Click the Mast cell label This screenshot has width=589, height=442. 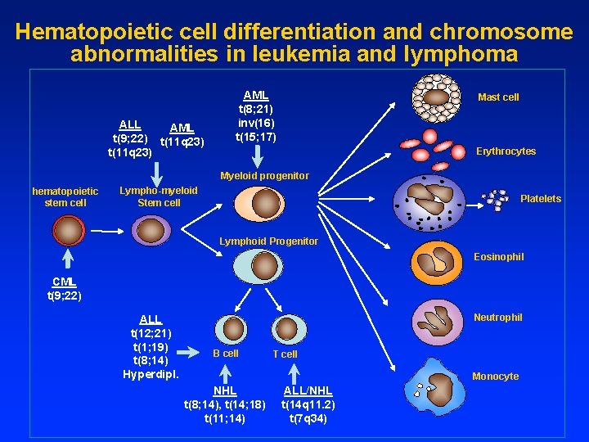[498, 97]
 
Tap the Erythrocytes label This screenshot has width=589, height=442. [506, 151]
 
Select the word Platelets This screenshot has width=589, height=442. [541, 199]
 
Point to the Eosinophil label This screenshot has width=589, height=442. [499, 257]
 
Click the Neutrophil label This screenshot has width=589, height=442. [498, 318]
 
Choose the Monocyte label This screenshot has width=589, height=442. [495, 377]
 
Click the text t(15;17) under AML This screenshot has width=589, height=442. [256, 136]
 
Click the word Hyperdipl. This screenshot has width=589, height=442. [150, 374]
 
